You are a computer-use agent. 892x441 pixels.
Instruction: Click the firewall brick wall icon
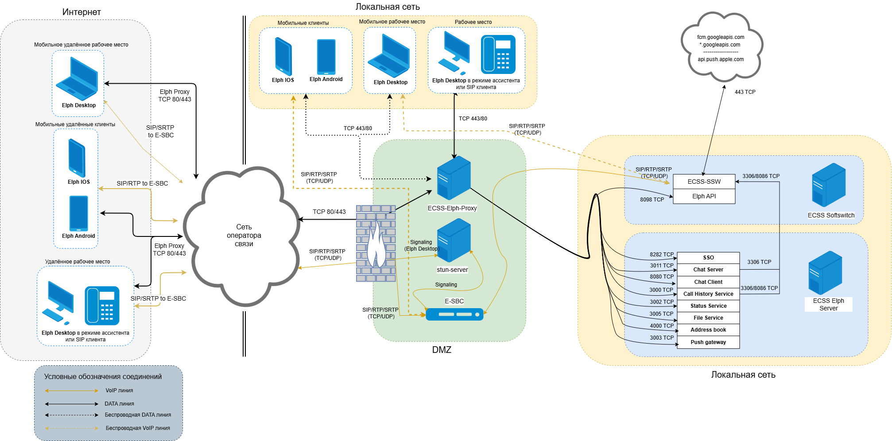(x=376, y=244)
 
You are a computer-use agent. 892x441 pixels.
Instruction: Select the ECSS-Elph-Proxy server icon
(x=454, y=178)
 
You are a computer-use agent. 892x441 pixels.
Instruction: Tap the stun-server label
(x=452, y=270)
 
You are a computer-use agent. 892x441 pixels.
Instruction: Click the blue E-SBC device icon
(x=454, y=314)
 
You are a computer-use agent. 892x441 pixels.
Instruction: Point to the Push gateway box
(x=708, y=342)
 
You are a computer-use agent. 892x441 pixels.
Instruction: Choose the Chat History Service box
(x=708, y=294)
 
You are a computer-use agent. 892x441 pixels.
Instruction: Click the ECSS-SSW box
(x=704, y=182)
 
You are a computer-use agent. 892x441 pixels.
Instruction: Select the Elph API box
(x=704, y=196)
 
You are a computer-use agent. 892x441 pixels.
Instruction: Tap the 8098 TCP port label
(x=652, y=200)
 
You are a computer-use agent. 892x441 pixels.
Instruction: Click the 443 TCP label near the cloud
(x=745, y=92)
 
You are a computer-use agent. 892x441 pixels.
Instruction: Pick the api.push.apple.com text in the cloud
(x=721, y=59)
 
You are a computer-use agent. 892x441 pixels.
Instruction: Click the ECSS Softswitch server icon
(x=829, y=185)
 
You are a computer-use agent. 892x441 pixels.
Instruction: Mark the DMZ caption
(x=442, y=350)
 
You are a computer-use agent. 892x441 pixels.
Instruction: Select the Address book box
(x=708, y=330)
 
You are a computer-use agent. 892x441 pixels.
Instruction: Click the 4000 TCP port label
(x=662, y=326)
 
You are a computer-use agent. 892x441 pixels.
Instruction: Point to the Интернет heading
(x=81, y=12)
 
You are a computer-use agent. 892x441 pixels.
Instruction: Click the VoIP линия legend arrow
(x=72, y=391)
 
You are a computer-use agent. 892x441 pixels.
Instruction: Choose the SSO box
(x=708, y=258)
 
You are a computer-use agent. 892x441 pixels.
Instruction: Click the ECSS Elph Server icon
(x=825, y=273)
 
